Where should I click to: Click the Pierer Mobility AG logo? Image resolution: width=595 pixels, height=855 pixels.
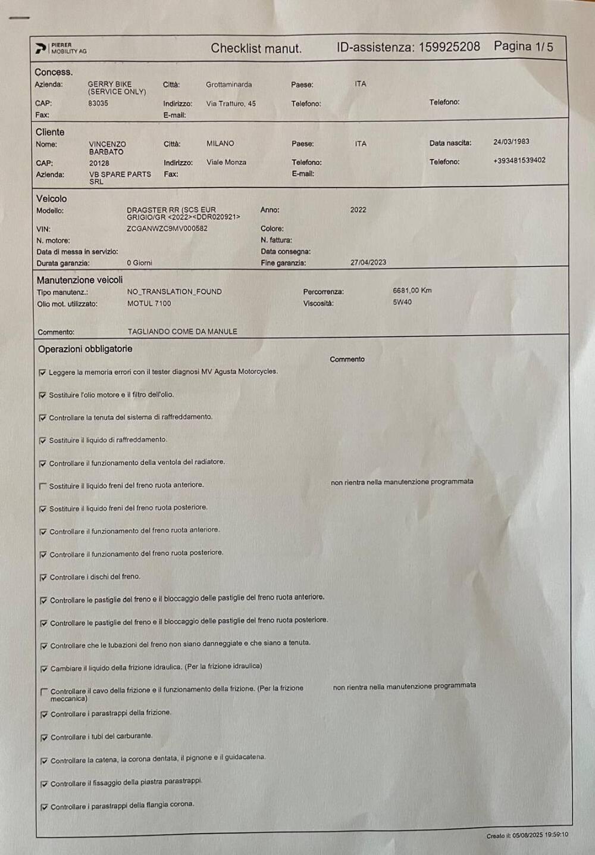tap(61, 48)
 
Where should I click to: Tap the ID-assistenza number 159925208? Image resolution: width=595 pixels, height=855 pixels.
tap(449, 47)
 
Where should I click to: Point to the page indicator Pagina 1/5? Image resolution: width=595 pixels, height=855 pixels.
tap(523, 46)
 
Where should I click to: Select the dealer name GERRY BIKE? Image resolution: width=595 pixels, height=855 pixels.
tap(110, 85)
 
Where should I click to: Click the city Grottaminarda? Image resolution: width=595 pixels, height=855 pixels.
tap(228, 85)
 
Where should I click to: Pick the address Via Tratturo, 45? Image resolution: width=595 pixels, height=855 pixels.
tap(231, 104)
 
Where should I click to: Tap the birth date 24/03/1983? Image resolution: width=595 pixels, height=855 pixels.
tap(511, 142)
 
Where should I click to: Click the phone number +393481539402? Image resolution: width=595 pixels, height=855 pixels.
tap(519, 161)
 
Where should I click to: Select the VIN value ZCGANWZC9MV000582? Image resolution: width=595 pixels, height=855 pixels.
tap(167, 229)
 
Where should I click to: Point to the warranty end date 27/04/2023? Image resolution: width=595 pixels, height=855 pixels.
tap(368, 263)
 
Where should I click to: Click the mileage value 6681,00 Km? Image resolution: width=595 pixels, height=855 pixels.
tap(412, 291)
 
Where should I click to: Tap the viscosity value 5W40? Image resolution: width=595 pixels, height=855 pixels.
tap(402, 302)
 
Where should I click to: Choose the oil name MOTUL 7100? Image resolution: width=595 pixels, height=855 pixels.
tap(149, 304)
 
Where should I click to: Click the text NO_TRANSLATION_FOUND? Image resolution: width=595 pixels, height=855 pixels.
tap(174, 292)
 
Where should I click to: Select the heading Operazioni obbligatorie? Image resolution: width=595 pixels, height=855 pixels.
tap(85, 349)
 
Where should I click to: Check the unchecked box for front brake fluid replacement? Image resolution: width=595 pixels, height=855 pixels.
tap(42, 486)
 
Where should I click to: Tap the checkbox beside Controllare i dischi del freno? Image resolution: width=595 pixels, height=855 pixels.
tap(43, 578)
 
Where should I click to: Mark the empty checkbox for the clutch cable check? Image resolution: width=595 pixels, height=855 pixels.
tap(43, 692)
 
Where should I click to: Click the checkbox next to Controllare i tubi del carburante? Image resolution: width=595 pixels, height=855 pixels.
tap(44, 738)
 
